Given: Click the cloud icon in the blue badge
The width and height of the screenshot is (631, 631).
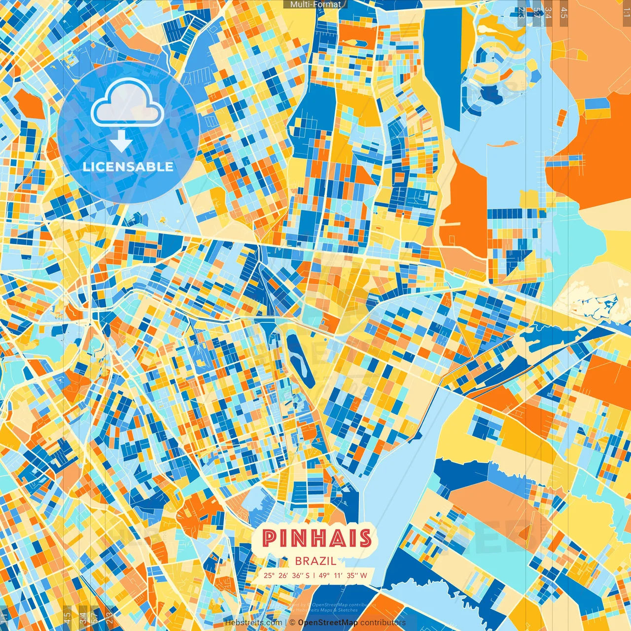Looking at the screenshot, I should tap(127, 104).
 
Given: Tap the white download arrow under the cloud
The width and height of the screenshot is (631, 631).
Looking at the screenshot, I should tap(121, 142).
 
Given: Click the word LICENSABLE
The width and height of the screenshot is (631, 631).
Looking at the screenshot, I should tap(128, 167).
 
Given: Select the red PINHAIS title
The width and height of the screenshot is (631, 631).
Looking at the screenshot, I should tap(316, 538).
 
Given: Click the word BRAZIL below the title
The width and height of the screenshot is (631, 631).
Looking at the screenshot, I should tap(315, 561).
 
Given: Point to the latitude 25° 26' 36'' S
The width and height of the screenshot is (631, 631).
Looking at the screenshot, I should tap(286, 575).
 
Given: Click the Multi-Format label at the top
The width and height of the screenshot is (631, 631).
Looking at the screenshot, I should tap(315, 4).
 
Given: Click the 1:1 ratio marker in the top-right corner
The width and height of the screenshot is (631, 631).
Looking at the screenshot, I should tap(626, 11).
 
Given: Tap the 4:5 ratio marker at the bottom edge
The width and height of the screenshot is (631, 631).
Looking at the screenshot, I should tap(67, 618).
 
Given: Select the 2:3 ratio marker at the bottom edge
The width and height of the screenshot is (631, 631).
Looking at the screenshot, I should tap(109, 618).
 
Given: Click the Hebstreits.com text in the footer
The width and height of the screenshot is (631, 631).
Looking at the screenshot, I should tap(253, 623).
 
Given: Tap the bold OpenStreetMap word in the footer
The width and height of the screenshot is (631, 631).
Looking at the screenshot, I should tap(328, 623).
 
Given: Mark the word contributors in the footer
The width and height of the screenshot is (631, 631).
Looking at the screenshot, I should tap(383, 623).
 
